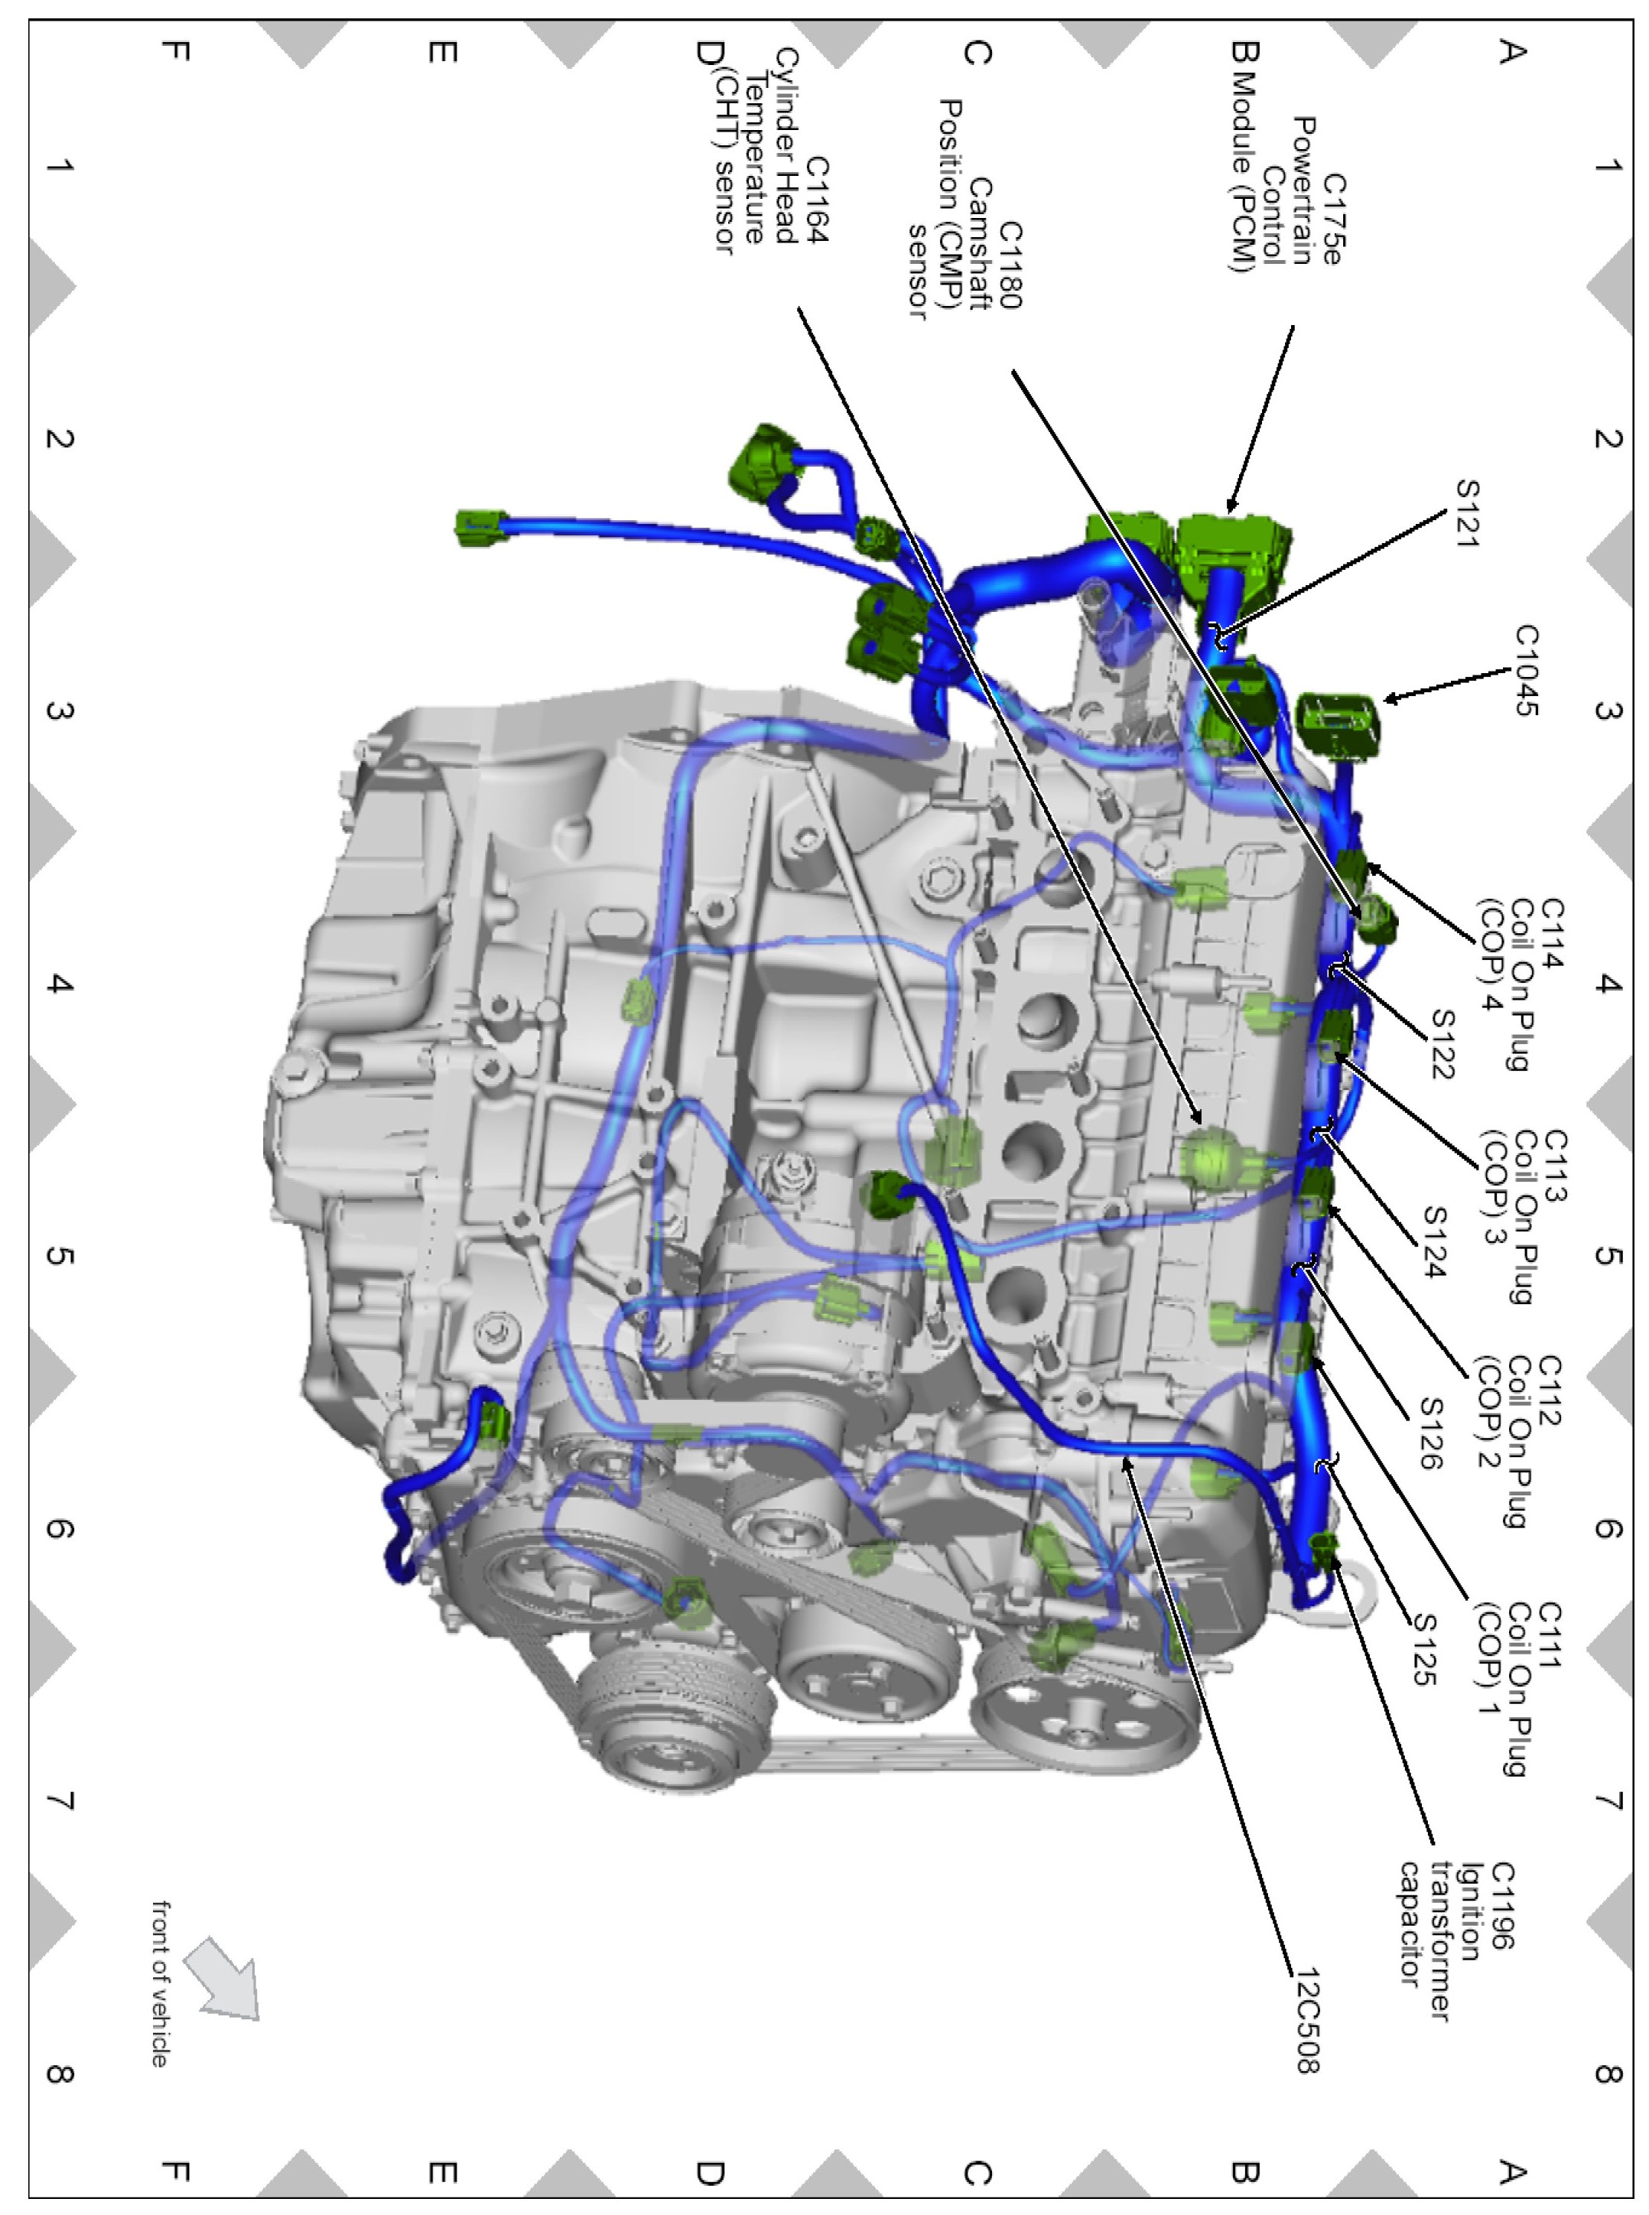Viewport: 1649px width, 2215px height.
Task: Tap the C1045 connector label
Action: [x=1526, y=671]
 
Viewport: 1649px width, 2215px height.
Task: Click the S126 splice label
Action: [x=1430, y=1434]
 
